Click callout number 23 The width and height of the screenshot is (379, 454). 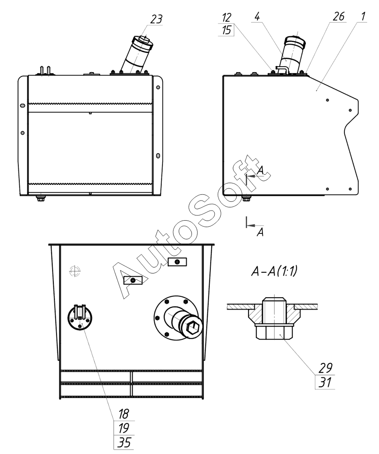pos(156,19)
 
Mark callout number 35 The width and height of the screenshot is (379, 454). pos(124,441)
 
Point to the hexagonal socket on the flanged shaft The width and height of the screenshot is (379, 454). pos(193,327)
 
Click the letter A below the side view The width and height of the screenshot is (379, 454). pos(260,232)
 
